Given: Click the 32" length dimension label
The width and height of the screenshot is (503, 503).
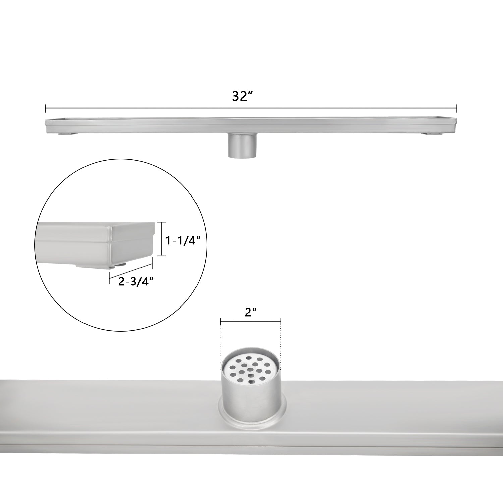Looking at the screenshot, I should pyautogui.click(x=242, y=96).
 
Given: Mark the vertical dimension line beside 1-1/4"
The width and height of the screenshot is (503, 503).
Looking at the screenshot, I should pyautogui.click(x=162, y=239).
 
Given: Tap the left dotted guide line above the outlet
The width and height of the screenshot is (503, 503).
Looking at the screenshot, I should pyautogui.click(x=221, y=342).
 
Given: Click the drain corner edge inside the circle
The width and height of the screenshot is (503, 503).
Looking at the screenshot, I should pyautogui.click(x=111, y=245).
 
